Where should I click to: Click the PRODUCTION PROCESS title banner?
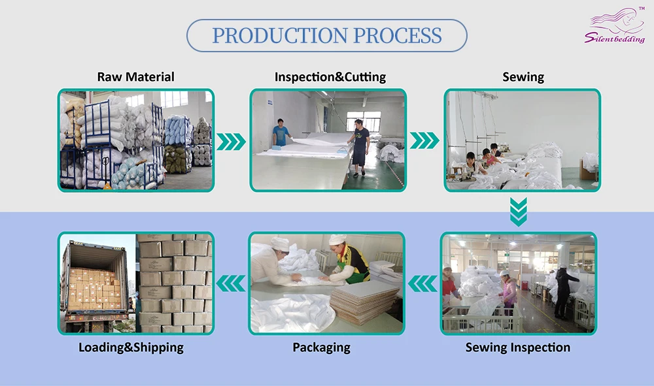pos(327,35)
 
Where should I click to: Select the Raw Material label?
pos(136,77)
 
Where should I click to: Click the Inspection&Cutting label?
pos(330,77)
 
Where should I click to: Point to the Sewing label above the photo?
pos(523,77)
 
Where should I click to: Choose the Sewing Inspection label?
pos(518,347)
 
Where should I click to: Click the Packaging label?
pos(321,347)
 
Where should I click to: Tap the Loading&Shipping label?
pos(131,347)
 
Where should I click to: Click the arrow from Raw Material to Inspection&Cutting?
pos(231,141)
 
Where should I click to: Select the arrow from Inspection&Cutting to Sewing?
pos(424,141)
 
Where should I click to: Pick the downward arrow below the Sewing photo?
pos(519,212)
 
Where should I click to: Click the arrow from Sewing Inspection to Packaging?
pos(422,283)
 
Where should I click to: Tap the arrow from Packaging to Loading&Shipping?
pos(231,283)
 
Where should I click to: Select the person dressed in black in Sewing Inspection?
pos(562,291)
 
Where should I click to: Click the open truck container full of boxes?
pos(95,284)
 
